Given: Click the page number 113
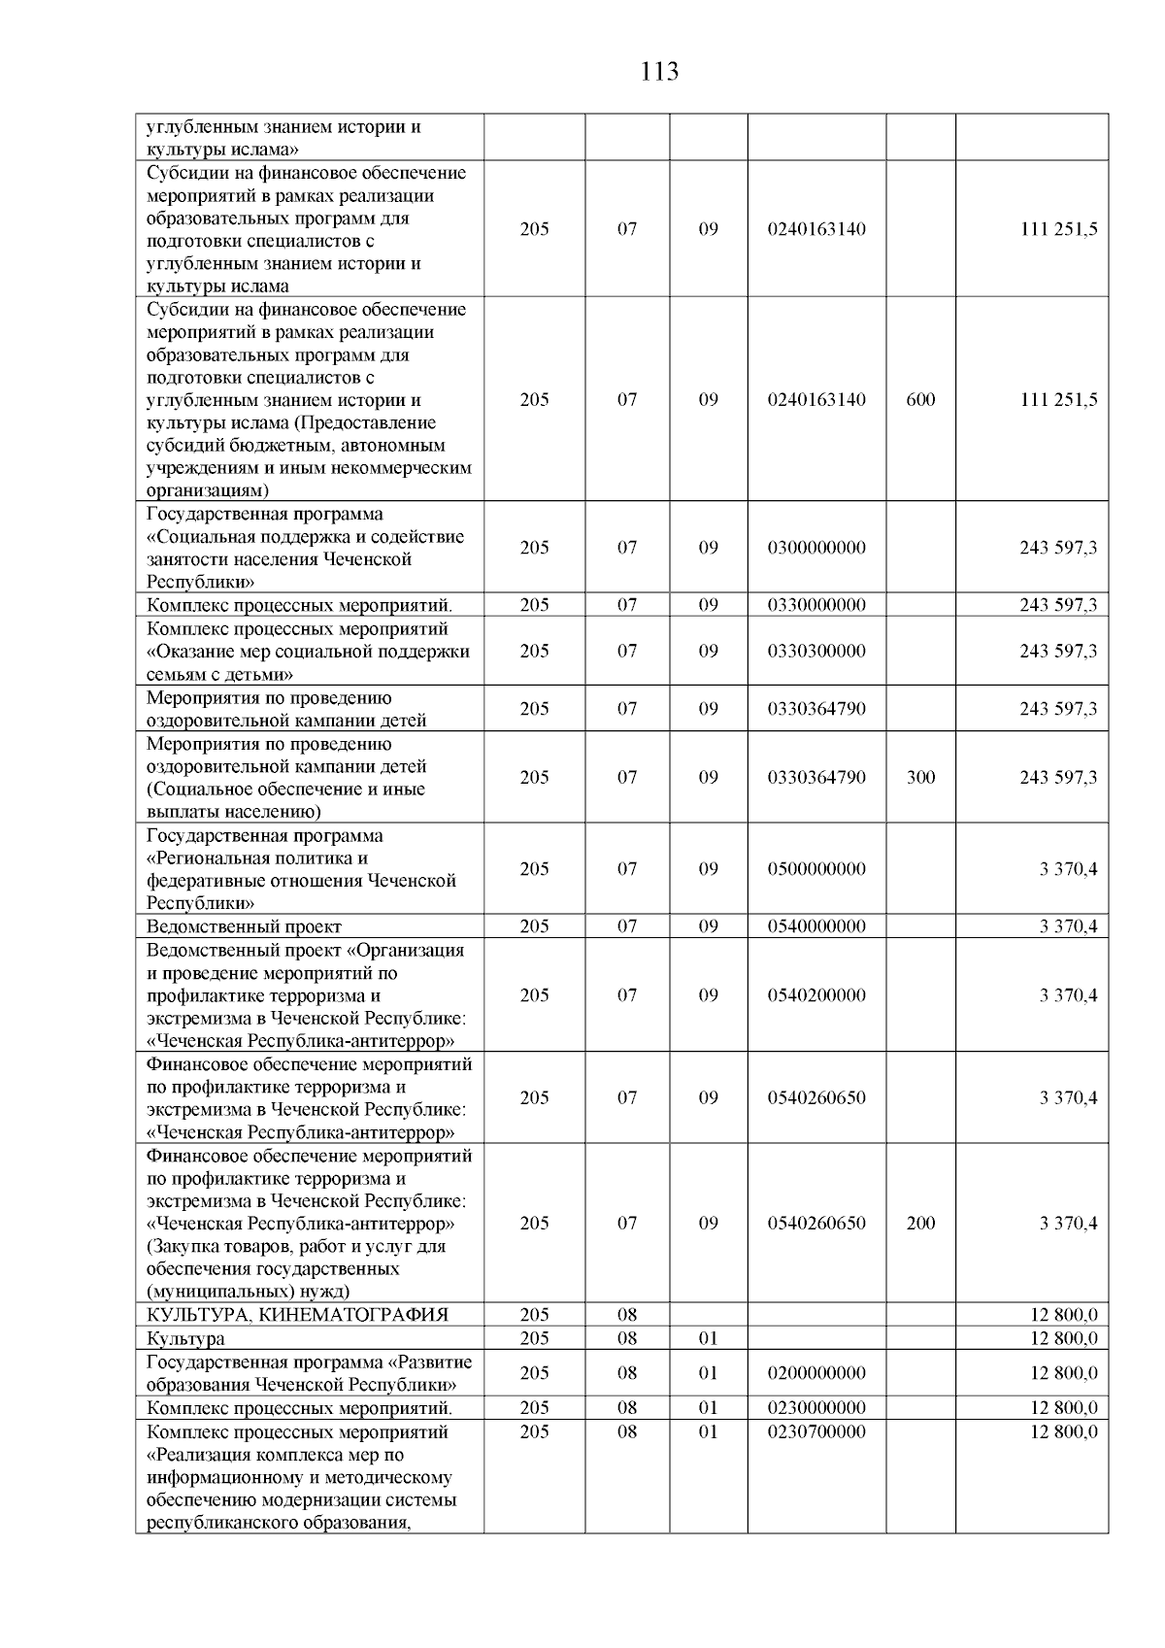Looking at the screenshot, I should point(659,72).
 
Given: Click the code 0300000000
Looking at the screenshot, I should point(815,548).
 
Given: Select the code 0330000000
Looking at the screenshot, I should point(815,605).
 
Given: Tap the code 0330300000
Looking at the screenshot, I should point(815,651).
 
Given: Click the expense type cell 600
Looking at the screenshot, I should point(919,400).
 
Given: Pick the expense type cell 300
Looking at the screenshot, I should point(919,777).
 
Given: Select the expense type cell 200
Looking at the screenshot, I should point(919,1223).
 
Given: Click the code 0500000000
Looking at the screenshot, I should point(815,869).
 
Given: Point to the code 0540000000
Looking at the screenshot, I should point(815,926).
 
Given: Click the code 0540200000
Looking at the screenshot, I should point(815,994).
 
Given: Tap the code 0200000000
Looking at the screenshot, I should point(815,1373).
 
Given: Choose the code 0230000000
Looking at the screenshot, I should point(815,1408).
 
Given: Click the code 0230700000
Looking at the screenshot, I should point(815,1431).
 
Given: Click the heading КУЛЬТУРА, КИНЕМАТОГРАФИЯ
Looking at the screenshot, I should point(297,1315).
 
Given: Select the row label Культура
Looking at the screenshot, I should point(185,1338).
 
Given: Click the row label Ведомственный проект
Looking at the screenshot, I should point(244,926).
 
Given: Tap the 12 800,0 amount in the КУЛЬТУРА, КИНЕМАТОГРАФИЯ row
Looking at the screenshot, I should point(1063,1315).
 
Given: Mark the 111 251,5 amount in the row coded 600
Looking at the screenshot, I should point(1058,400).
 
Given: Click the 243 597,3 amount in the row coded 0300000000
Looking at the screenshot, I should point(1058,548).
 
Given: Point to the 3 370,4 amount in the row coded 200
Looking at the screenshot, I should point(1068,1223).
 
